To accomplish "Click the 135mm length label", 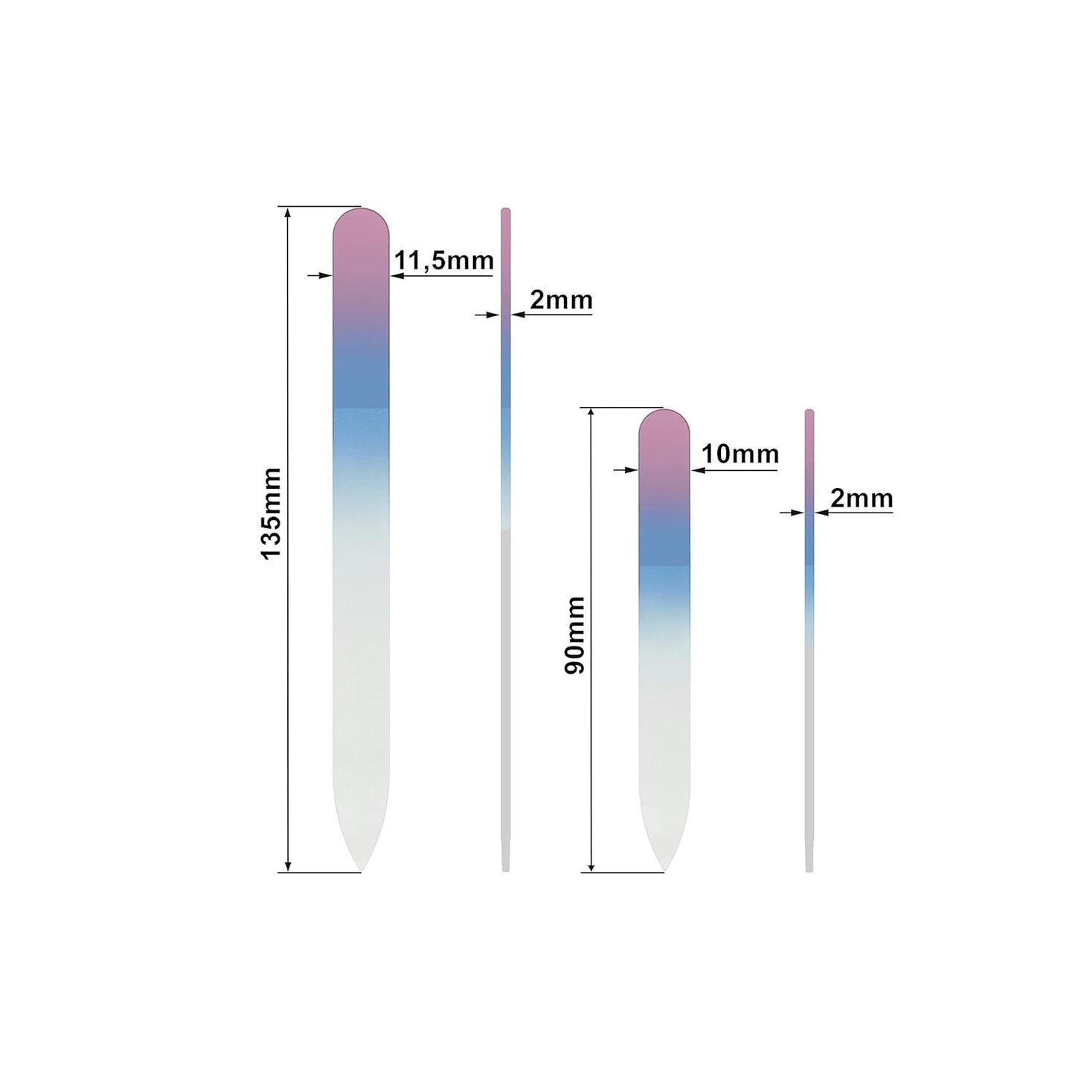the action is pyautogui.click(x=272, y=513).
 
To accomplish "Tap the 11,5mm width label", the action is pyautogui.click(x=444, y=260).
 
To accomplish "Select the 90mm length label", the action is pyautogui.click(x=574, y=635).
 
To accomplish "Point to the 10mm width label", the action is pyautogui.click(x=739, y=455).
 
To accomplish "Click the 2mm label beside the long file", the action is pyautogui.click(x=561, y=300).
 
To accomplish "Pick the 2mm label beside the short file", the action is pyautogui.click(x=861, y=498).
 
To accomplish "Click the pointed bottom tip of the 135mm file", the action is pyautogui.click(x=361, y=871).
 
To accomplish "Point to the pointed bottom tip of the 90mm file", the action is pyautogui.click(x=664, y=871).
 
